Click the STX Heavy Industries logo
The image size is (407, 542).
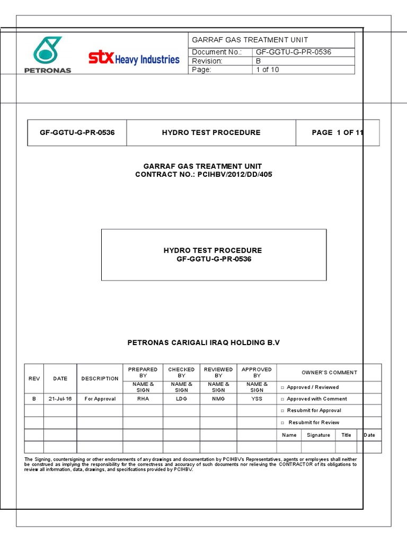point(134,58)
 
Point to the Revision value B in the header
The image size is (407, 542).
point(259,61)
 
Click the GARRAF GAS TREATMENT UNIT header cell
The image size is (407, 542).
point(250,40)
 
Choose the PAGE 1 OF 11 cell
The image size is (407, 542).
point(338,132)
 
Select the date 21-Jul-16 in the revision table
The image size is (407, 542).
point(60,399)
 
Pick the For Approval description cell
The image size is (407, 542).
point(100,399)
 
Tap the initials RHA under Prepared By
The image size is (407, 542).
point(143,399)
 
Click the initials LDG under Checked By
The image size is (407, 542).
point(181,399)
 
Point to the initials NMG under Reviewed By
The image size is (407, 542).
point(218,399)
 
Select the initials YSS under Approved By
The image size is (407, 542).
point(256,399)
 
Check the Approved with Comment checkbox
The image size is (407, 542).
point(283,399)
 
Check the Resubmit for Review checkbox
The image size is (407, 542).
point(283,422)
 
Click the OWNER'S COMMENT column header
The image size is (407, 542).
point(329,373)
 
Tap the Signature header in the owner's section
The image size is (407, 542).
point(318,435)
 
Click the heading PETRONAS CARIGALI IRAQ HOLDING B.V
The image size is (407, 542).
point(203,343)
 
